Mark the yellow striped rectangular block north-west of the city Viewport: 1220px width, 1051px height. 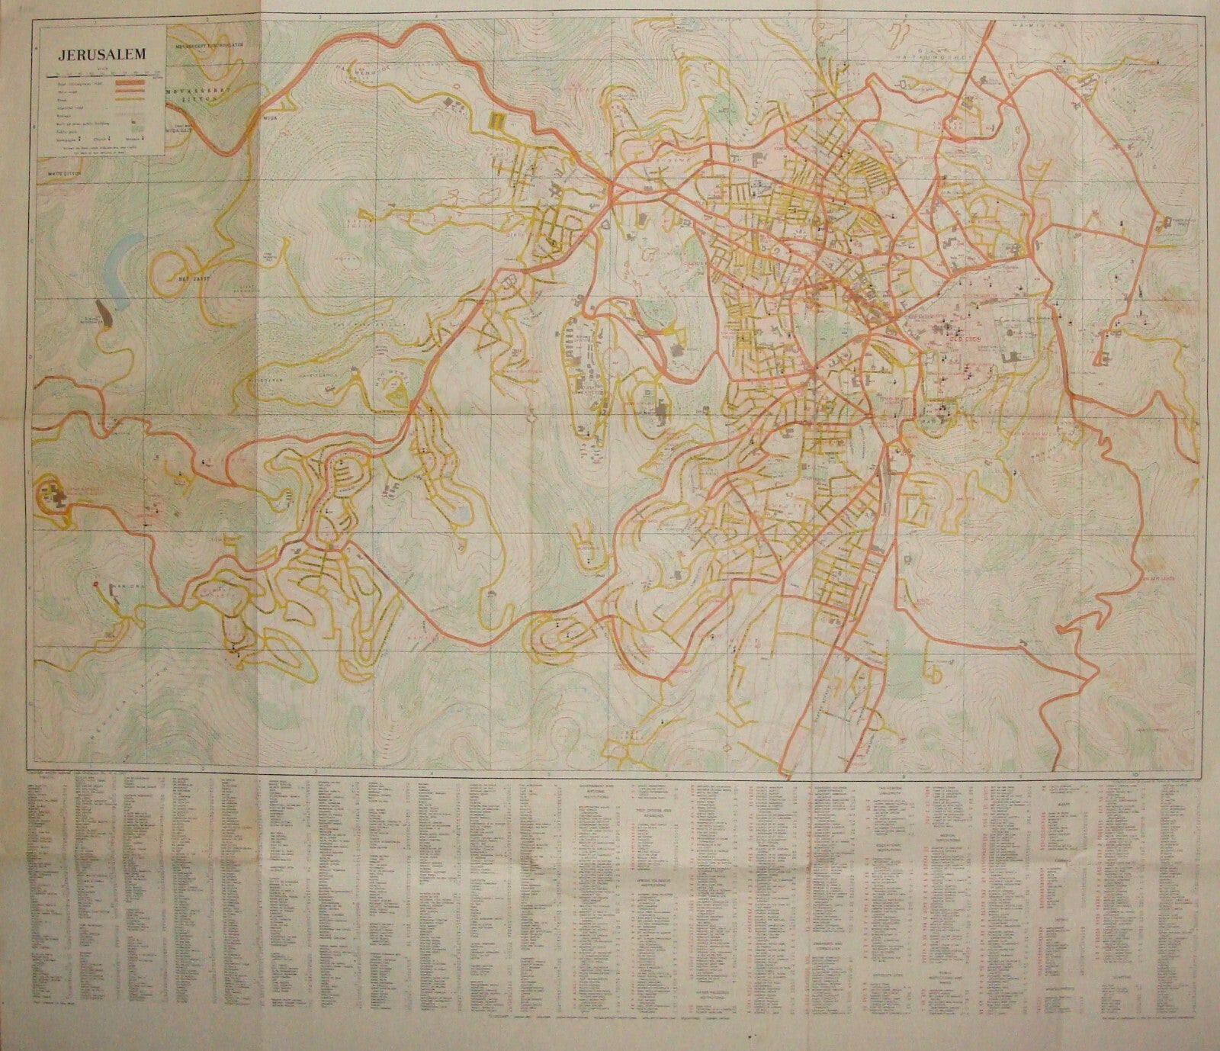[x=497, y=121]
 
